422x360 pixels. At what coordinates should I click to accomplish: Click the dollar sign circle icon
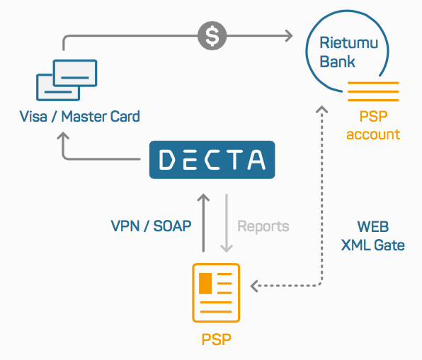click(212, 35)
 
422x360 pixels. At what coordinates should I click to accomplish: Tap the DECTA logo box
click(212, 160)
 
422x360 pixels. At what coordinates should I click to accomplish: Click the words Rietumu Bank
click(349, 52)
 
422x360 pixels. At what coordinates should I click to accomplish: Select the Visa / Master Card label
click(80, 117)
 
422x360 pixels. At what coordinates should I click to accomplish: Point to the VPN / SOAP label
click(151, 226)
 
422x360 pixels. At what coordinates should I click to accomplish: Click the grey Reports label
click(263, 226)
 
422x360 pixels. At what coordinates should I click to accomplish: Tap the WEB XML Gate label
click(372, 236)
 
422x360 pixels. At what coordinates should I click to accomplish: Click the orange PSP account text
click(373, 125)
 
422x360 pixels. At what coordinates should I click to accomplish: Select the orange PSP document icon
click(216, 293)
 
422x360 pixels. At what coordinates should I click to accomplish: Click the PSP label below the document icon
click(217, 339)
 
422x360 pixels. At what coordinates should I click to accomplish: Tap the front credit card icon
click(75, 73)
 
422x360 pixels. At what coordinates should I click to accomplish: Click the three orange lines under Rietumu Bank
click(373, 91)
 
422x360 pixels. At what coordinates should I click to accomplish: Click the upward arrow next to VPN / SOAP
click(203, 223)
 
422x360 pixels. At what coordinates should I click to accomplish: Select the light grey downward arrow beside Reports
click(227, 223)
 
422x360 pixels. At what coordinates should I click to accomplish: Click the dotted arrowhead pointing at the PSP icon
click(254, 286)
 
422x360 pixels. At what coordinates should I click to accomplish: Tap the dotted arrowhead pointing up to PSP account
click(321, 109)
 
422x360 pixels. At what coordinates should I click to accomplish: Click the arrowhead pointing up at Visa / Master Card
click(63, 135)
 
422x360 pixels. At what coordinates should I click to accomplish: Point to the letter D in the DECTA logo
click(166, 160)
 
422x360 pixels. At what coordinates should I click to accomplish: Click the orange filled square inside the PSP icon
click(205, 284)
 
